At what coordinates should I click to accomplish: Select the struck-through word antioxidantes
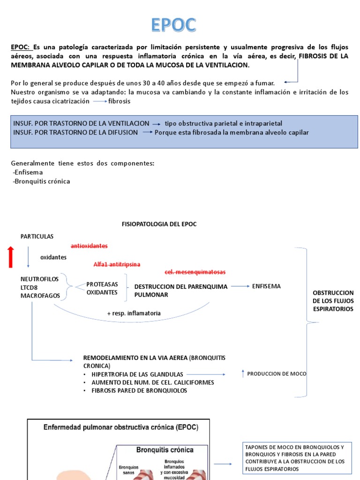[89, 246]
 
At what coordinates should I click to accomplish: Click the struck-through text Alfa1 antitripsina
[117, 264]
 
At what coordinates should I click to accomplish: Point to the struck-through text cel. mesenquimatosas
[195, 272]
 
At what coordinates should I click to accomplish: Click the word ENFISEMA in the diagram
[266, 286]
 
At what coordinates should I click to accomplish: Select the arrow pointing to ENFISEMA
[240, 286]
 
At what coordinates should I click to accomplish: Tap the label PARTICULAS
[37, 236]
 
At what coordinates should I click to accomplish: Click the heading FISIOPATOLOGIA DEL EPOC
[159, 224]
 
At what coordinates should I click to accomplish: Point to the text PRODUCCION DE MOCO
[277, 374]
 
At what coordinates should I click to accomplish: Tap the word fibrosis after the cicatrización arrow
[119, 101]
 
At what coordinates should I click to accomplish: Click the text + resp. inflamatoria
[134, 313]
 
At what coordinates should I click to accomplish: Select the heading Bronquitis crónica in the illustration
[165, 450]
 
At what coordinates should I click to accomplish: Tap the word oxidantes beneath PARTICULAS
[53, 257]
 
